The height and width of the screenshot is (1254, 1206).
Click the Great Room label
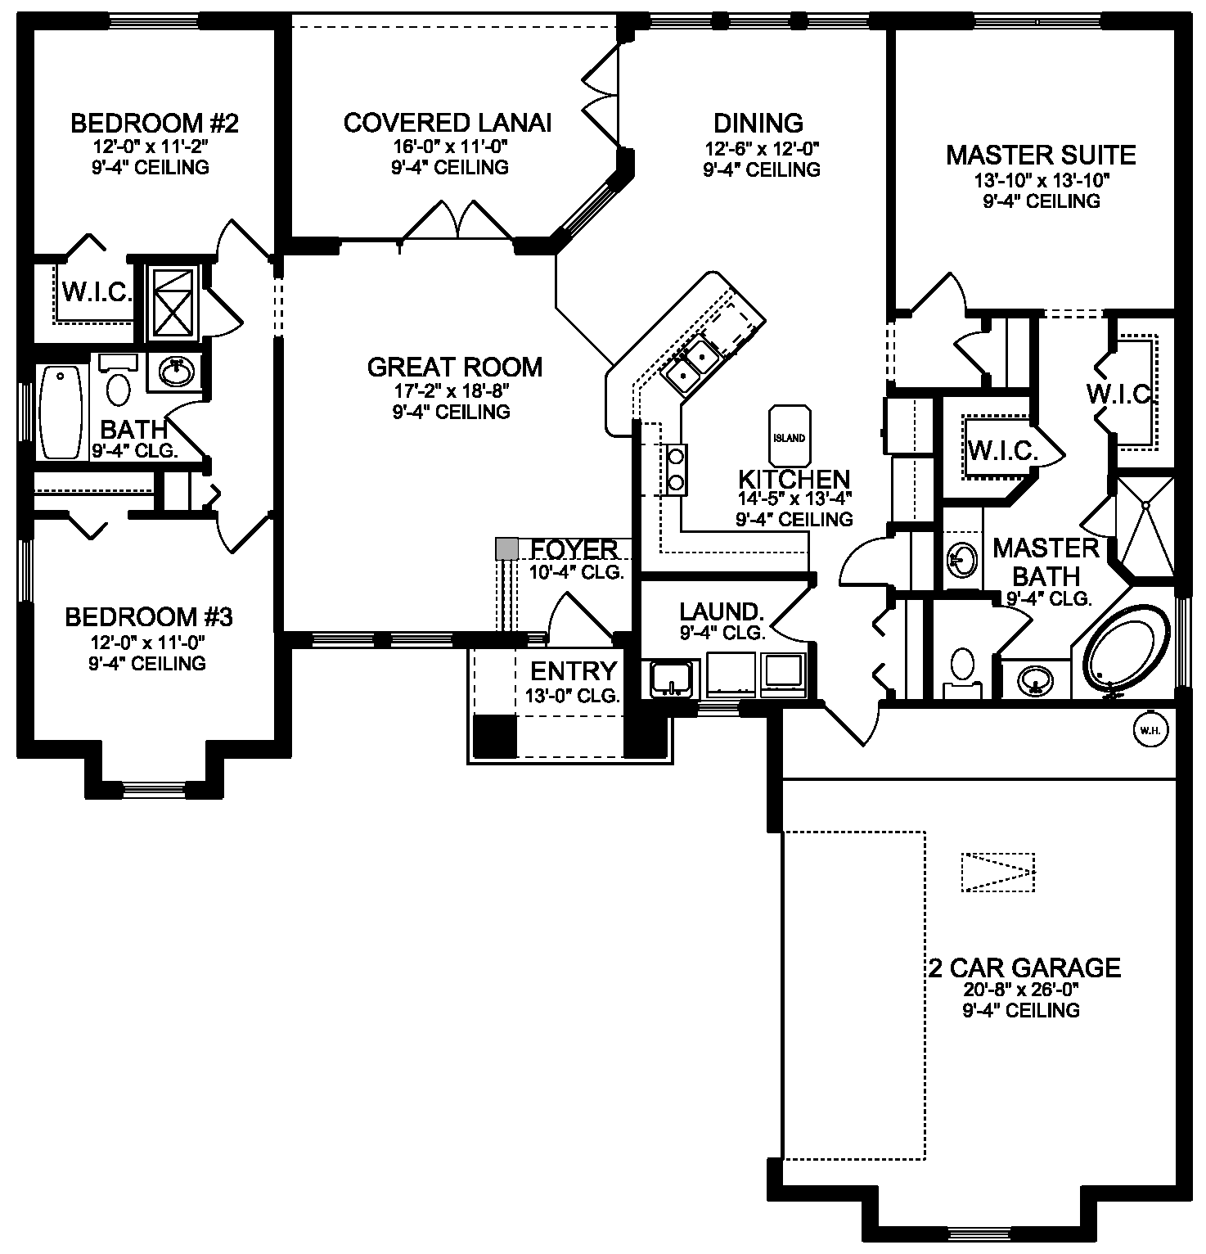(x=455, y=368)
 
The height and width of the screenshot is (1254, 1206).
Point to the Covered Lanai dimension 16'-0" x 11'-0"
(x=449, y=147)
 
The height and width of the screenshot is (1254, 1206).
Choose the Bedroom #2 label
(x=155, y=124)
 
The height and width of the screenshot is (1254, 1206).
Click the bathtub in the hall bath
(x=62, y=412)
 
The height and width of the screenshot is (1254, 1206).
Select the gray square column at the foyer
(x=507, y=548)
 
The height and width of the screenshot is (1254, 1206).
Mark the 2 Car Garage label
(x=1024, y=968)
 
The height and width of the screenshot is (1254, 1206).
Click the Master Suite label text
(x=1041, y=155)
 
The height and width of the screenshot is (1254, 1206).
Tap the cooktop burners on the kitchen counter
(x=676, y=469)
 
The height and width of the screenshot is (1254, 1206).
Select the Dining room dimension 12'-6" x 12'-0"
(x=762, y=149)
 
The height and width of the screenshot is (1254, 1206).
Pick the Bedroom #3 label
(x=149, y=616)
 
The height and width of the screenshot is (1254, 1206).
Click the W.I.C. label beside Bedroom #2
(x=97, y=292)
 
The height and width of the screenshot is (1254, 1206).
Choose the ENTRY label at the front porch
(x=574, y=671)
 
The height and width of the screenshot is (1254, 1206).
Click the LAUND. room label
(x=722, y=611)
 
